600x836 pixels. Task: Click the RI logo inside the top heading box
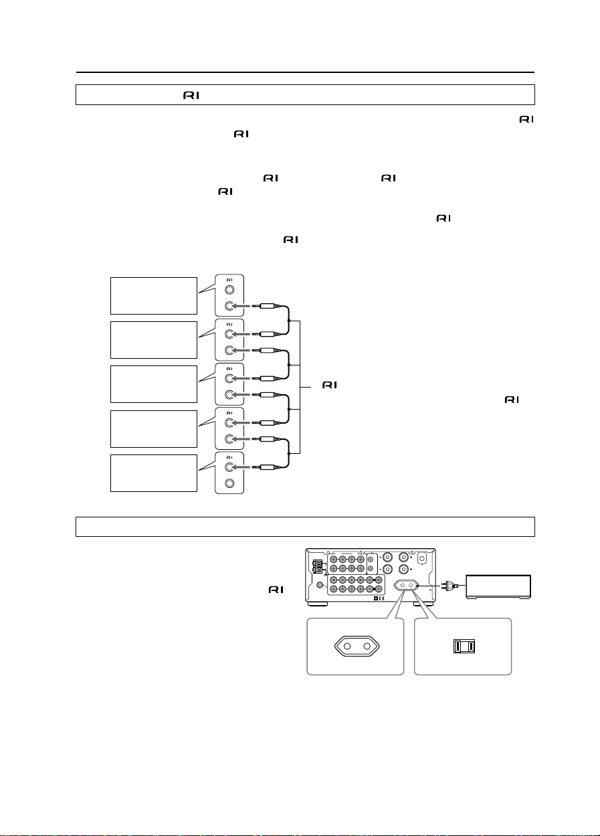click(x=191, y=96)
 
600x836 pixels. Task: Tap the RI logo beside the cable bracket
click(x=330, y=385)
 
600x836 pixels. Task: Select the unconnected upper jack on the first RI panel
click(x=229, y=290)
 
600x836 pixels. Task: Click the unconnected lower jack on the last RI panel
click(x=229, y=483)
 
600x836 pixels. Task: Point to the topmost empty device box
click(x=154, y=296)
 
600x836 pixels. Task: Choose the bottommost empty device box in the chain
click(x=154, y=473)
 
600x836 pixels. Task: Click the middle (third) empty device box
click(x=154, y=384)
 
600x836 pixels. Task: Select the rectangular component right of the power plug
click(x=498, y=587)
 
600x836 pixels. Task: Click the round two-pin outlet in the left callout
click(x=357, y=646)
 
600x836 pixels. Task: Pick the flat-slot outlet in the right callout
click(x=464, y=646)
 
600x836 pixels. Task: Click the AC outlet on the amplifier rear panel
click(x=407, y=586)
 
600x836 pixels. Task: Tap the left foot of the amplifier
click(x=317, y=604)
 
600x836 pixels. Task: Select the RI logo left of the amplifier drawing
click(x=276, y=590)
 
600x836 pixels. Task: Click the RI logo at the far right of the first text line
click(x=526, y=119)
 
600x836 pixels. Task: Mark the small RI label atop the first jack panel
click(x=229, y=280)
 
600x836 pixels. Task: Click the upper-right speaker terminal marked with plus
click(x=403, y=557)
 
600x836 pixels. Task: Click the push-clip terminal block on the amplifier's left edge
click(x=318, y=566)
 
